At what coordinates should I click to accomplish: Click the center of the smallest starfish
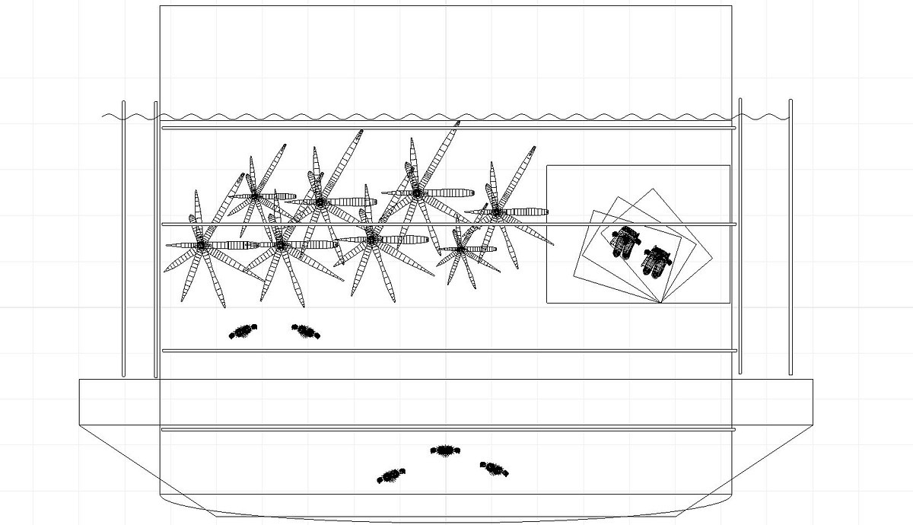coord(461,249)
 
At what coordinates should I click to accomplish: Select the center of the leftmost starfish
coord(202,245)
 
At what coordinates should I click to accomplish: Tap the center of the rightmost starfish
coord(496,212)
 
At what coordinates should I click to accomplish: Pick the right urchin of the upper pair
coord(306,330)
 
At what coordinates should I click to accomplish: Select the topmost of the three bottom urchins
coord(443,450)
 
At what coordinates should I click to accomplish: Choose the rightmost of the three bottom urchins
coord(494,469)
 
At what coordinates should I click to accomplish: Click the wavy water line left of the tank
coord(129,116)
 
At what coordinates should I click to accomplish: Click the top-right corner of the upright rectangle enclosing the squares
coord(730,166)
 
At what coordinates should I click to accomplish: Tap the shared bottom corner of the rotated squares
coord(660,303)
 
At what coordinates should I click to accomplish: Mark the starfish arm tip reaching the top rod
coord(457,124)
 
